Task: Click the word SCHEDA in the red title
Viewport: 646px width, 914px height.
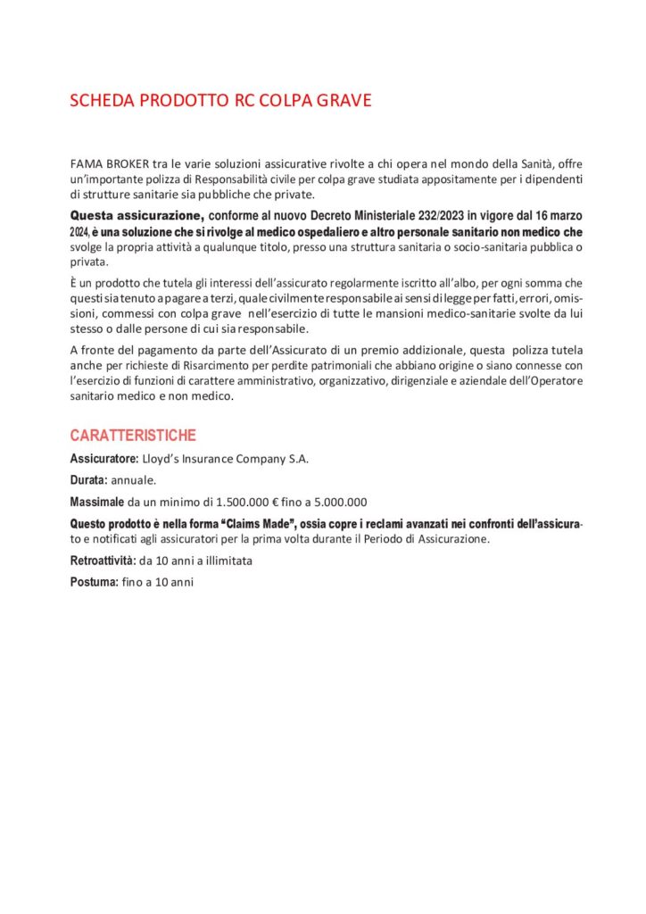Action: coord(101,101)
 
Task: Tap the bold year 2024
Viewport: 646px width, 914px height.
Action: coord(80,232)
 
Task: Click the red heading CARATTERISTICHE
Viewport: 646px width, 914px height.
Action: coord(133,436)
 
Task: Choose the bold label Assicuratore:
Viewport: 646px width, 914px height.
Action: coord(104,459)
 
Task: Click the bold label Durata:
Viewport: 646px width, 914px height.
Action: coord(88,480)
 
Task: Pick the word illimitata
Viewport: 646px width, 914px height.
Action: coord(224,561)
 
